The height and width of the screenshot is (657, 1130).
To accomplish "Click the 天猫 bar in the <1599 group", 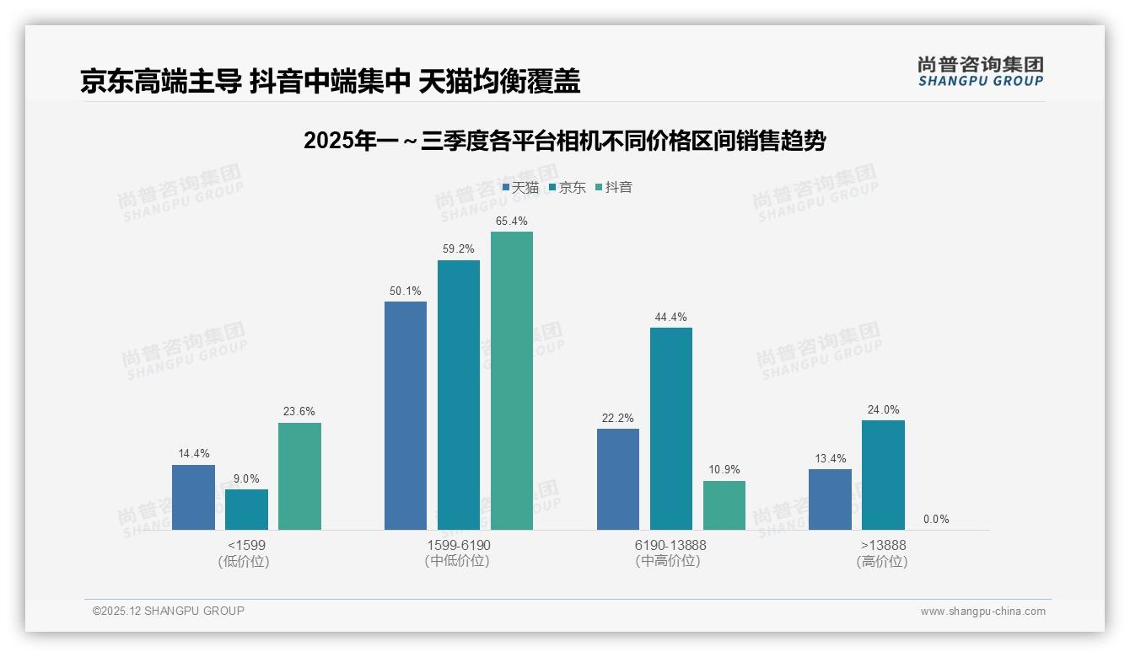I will [193, 497].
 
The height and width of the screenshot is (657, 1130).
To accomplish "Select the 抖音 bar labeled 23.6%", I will [299, 476].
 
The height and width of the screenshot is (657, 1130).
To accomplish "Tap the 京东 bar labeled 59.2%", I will [458, 394].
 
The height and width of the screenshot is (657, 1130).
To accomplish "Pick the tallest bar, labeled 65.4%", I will [512, 381].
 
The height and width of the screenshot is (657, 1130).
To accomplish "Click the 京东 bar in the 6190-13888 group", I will [670, 428].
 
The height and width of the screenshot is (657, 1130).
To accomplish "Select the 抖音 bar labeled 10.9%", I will [724, 505].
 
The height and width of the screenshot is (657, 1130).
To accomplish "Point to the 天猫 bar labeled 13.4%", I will [830, 499].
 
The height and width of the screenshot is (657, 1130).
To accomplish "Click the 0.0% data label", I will [936, 520].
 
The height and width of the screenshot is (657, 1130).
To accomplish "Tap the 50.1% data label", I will [405, 291].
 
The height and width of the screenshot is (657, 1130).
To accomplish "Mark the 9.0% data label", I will [246, 479].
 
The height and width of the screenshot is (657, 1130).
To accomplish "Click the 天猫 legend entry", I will [520, 188].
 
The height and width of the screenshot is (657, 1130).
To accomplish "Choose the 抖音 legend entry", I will [614, 188].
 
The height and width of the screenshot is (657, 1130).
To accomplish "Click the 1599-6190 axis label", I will [458, 546].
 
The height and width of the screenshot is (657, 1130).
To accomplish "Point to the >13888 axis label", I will [883, 546].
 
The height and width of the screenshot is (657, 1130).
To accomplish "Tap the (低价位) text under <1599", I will [245, 562].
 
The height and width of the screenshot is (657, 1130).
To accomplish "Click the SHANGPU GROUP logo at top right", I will [980, 72].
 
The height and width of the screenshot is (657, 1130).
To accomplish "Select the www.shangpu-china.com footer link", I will [982, 612].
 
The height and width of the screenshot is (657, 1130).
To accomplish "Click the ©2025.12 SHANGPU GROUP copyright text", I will [169, 611].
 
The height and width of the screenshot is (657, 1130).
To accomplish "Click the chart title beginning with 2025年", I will [564, 141].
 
